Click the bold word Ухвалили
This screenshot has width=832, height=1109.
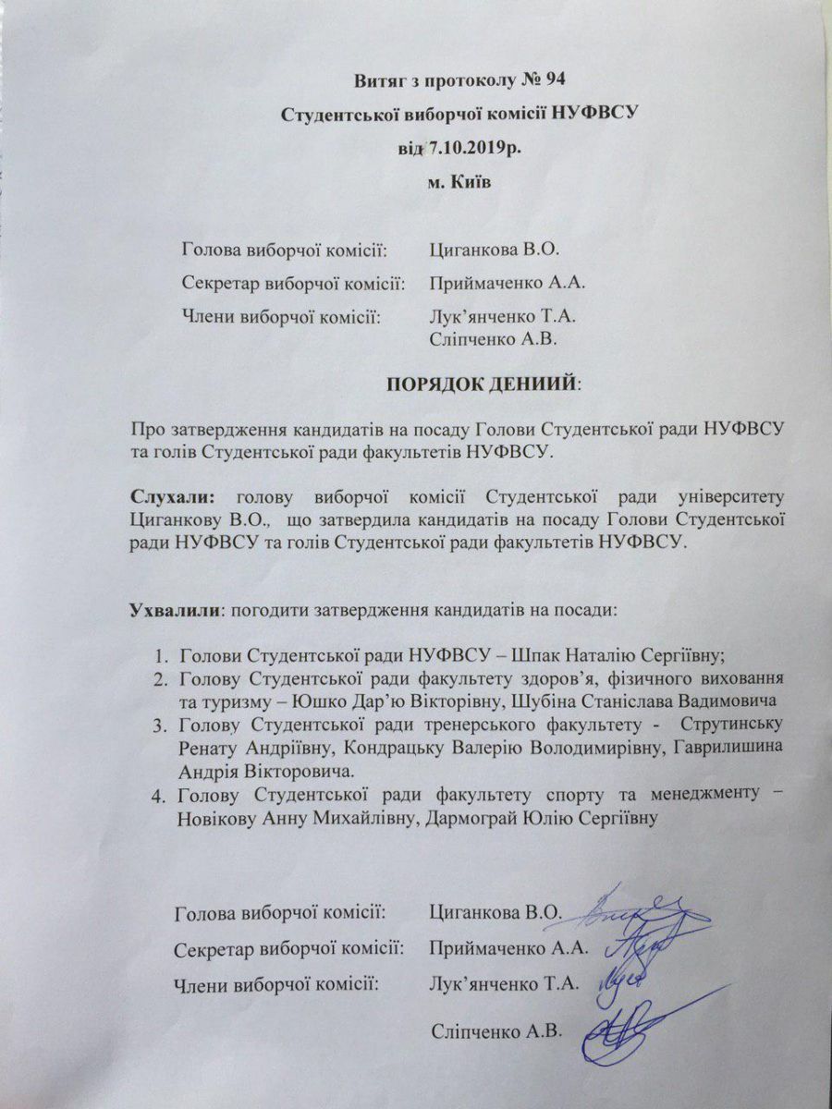point(175,611)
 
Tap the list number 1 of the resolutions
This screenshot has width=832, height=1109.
point(160,656)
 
